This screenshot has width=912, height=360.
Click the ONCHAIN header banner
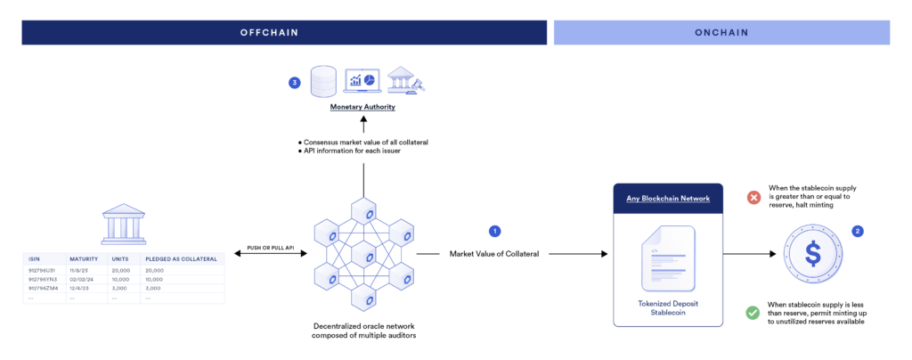[x=721, y=32]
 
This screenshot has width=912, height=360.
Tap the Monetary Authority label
[x=362, y=107]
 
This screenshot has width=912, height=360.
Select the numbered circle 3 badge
[x=295, y=83]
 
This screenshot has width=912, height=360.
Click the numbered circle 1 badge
[x=495, y=231]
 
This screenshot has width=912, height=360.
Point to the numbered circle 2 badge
[x=858, y=231]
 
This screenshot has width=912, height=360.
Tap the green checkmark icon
[x=753, y=313]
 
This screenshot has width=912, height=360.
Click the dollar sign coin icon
[x=812, y=254]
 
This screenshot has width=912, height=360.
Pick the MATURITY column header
[x=84, y=260]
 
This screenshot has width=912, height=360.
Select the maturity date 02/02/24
[x=83, y=279]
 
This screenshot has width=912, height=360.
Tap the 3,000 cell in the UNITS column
[x=119, y=288]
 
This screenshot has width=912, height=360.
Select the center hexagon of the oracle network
[x=362, y=256]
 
